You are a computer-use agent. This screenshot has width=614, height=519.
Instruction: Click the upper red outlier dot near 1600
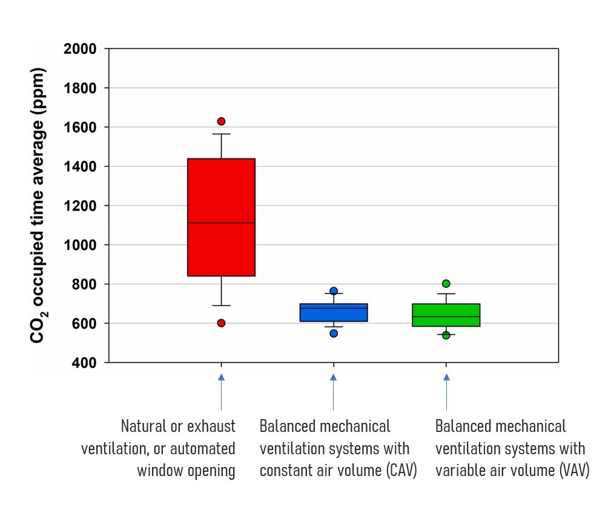coord(221,122)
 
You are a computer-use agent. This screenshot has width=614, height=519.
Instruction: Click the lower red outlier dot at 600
coord(221,323)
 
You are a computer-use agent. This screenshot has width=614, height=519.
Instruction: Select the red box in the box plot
coord(221,217)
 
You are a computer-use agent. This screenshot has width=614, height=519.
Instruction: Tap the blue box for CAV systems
coord(334,313)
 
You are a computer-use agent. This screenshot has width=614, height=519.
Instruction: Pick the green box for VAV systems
coord(446,315)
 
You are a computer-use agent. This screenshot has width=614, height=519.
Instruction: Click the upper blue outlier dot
coord(334,291)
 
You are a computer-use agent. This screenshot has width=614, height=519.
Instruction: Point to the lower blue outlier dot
coord(334,333)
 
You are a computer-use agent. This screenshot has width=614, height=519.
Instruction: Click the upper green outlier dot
coord(446,284)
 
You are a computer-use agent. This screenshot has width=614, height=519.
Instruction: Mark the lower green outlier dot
coord(446,335)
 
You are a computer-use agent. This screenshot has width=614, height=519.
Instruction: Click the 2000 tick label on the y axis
coord(81,49)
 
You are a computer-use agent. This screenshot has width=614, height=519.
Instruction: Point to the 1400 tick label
coord(81,167)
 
